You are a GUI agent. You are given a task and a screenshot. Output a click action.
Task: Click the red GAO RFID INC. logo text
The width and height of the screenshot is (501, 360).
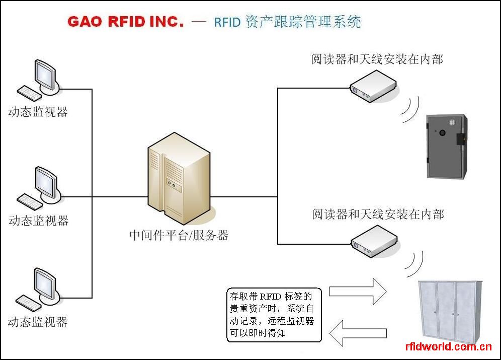click(126, 22)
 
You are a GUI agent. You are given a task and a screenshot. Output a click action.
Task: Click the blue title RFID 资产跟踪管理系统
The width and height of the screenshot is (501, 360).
click(287, 22)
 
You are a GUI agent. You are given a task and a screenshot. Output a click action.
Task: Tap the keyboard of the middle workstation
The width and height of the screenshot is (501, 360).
click(29, 202)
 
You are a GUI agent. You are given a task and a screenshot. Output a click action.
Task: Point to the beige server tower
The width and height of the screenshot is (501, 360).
click(179, 178)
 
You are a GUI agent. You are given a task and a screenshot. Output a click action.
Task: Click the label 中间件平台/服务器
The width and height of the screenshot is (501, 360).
click(179, 235)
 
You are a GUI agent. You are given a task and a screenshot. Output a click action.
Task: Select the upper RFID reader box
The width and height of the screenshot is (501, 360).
click(373, 86)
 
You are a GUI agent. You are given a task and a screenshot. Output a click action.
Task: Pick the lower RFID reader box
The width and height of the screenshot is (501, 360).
click(374, 241)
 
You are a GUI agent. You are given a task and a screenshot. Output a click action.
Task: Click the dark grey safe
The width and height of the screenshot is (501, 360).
click(447, 146)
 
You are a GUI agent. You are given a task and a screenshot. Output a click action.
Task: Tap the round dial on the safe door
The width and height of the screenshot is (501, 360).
click(442, 133)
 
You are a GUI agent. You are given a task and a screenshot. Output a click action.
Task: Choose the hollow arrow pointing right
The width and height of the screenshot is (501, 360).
click(358, 291)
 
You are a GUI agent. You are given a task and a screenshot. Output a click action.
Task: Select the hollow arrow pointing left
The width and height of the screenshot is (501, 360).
click(358, 333)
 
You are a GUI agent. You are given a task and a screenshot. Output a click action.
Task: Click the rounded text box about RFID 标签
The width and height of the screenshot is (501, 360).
click(274, 315)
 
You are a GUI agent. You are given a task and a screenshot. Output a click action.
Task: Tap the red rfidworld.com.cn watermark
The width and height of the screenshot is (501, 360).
click(448, 346)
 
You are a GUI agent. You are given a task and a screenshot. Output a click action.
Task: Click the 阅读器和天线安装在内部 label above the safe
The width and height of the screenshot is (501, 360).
click(377, 59)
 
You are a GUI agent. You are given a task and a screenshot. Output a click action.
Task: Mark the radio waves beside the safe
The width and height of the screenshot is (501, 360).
click(410, 109)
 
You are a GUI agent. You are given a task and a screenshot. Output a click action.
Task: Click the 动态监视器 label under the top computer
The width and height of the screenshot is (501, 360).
click(38, 112)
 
